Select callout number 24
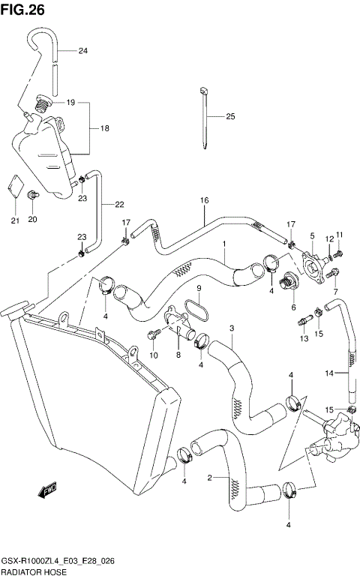(82, 51)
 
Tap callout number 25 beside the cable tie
(230, 116)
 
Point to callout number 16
(203, 200)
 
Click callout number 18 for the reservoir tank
(104, 128)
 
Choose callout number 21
(14, 220)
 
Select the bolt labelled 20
(33, 197)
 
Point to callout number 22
(119, 204)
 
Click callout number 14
(327, 372)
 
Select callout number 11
(339, 235)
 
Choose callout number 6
(293, 306)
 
